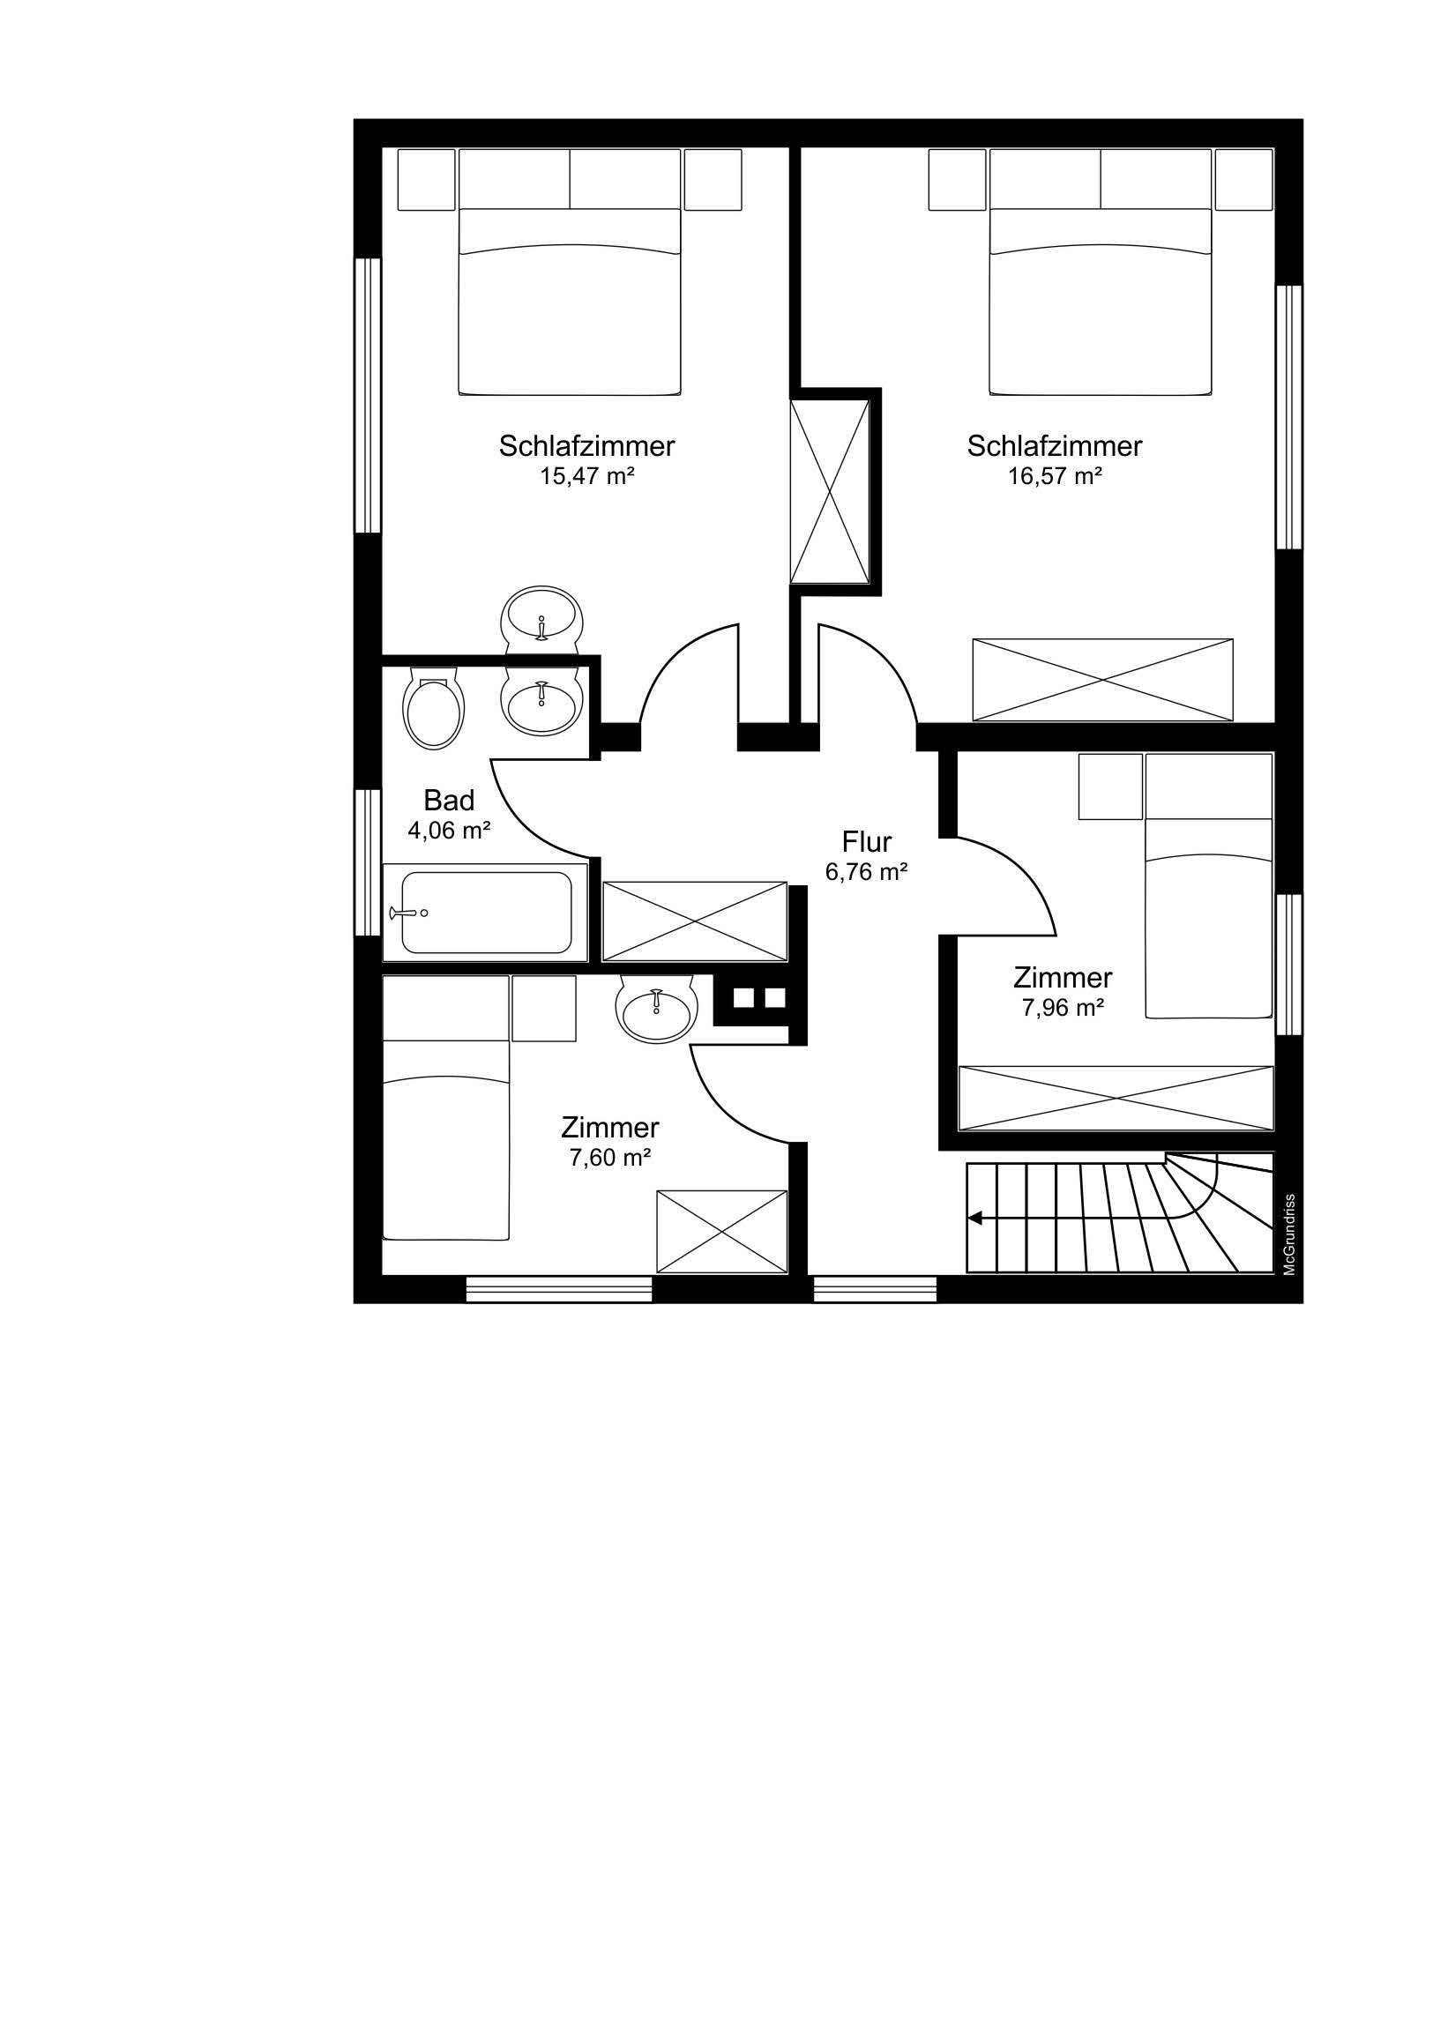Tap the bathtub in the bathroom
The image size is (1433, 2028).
pyautogui.click(x=485, y=913)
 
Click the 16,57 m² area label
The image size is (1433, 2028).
pyautogui.click(x=1055, y=477)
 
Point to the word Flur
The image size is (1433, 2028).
pyautogui.click(x=867, y=842)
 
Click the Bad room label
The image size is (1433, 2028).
pyautogui.click(x=449, y=801)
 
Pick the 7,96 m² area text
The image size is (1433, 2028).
pyautogui.click(x=1063, y=1008)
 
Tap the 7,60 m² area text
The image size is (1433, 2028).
pyautogui.click(x=610, y=1158)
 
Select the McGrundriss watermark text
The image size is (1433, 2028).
pyautogui.click(x=1291, y=1234)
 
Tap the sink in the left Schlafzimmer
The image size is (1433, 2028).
pyautogui.click(x=541, y=621)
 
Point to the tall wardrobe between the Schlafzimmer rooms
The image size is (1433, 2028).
pyautogui.click(x=830, y=490)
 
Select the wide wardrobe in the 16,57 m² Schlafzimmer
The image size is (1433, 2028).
pyautogui.click(x=1101, y=680)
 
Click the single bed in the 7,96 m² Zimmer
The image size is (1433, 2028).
pyautogui.click(x=1210, y=886)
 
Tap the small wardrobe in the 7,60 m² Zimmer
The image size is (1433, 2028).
pyautogui.click(x=721, y=1233)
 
